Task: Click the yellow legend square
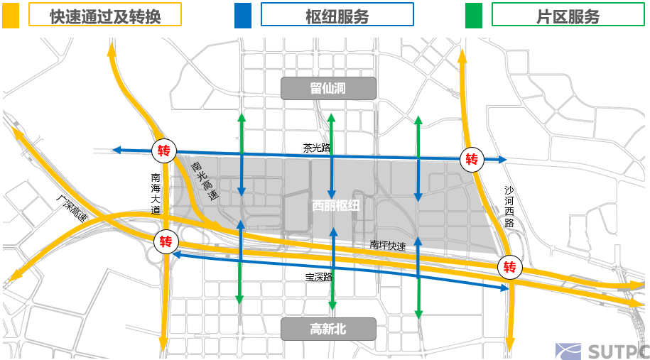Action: tap(11, 15)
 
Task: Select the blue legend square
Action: tap(243, 15)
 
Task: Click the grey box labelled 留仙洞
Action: tap(327, 89)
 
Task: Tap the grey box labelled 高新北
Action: tap(327, 329)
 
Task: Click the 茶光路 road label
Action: tap(317, 148)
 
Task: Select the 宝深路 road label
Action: tap(320, 277)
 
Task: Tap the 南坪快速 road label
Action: tap(387, 246)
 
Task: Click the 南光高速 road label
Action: tap(203, 180)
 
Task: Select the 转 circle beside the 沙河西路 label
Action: tap(472, 158)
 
